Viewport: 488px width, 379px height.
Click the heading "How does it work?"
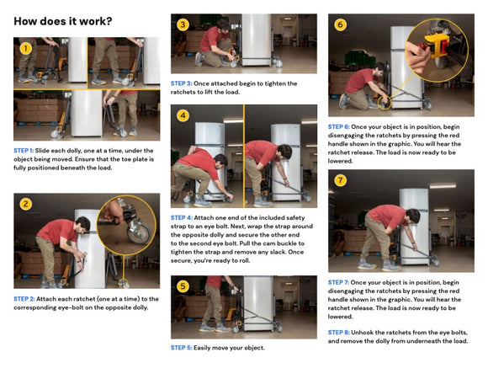click(x=63, y=21)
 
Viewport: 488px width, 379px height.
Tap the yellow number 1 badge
click(x=25, y=48)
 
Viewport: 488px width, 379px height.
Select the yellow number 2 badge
click(x=25, y=205)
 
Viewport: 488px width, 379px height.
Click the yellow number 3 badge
click(x=183, y=24)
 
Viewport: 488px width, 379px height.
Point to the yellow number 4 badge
click(x=183, y=116)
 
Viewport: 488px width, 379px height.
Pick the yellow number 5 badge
click(x=183, y=286)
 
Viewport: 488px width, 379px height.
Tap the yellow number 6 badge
click(x=340, y=24)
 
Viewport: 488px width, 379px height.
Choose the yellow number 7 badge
click(x=340, y=180)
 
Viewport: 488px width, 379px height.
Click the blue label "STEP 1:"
click(x=24, y=151)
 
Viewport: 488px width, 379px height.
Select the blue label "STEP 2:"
click(x=24, y=299)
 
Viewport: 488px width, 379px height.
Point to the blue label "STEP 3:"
click(x=182, y=83)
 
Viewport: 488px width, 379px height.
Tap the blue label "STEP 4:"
click(x=182, y=217)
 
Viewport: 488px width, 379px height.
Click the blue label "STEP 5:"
click(x=182, y=348)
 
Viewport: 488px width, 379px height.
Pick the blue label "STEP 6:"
click(x=338, y=126)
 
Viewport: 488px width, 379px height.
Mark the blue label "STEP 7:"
click(x=338, y=282)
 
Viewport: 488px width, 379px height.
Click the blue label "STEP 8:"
click(x=338, y=333)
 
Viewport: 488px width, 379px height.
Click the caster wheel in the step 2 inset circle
click(x=139, y=231)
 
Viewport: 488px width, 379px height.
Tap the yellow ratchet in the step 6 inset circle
click(x=438, y=45)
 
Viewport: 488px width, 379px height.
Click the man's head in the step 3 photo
click(x=224, y=25)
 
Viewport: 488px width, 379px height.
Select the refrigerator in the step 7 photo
click(x=414, y=227)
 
